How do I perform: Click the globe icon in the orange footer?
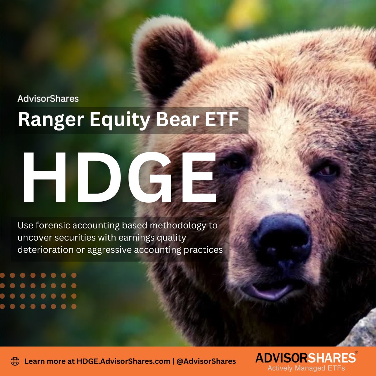click(15, 361)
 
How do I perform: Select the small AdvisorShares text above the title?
click(48, 99)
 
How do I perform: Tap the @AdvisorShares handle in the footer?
click(207, 361)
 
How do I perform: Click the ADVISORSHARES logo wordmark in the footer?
click(305, 358)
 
